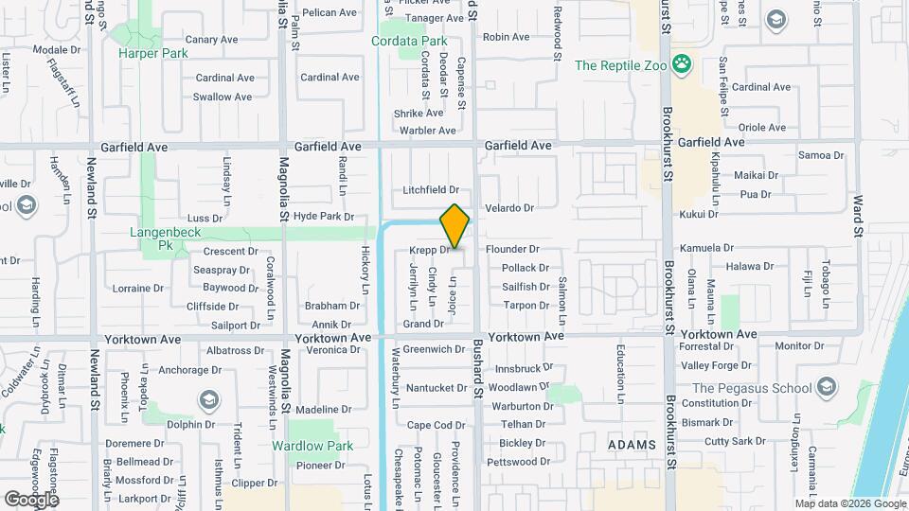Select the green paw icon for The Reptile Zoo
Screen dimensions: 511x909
681,64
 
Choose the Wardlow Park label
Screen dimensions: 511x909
312,446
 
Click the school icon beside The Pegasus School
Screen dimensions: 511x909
828,387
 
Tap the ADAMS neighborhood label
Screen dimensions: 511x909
632,445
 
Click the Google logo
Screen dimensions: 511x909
31,499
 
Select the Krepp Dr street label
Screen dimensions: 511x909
429,250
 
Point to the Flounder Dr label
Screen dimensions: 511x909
512,249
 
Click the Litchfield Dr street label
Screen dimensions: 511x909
430,190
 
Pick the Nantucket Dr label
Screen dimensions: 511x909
436,388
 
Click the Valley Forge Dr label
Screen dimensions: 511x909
715,365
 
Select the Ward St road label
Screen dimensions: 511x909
858,217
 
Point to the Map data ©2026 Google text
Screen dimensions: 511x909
848,503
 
